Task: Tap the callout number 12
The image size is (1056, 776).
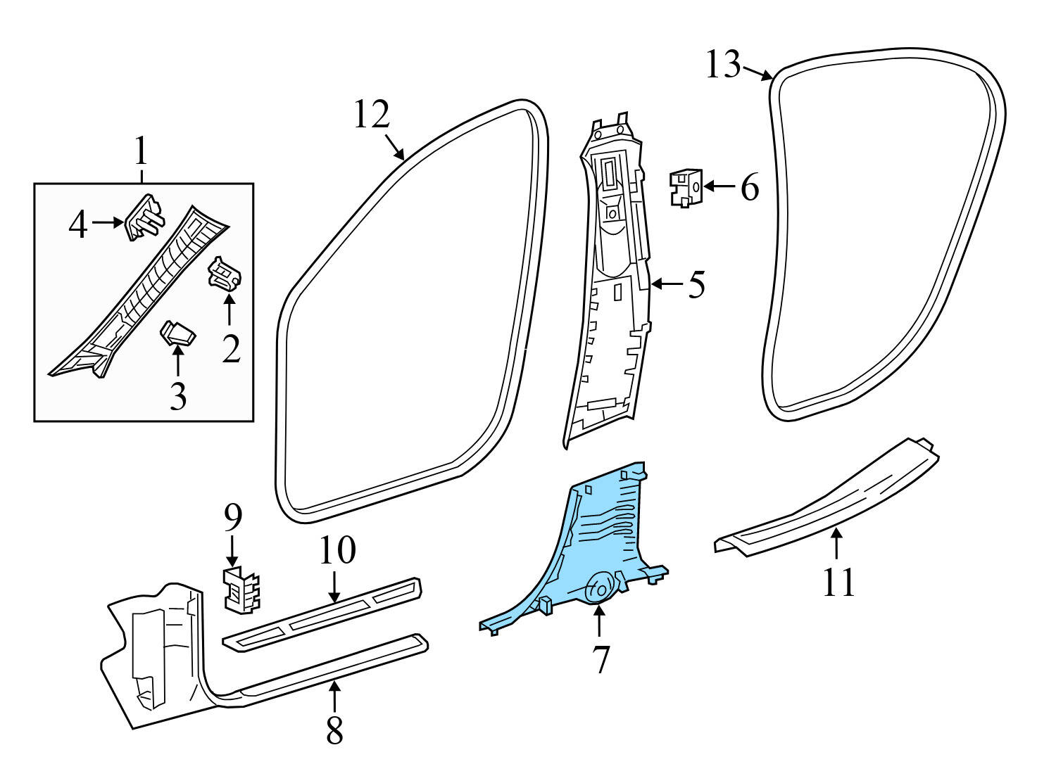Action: pyautogui.click(x=371, y=115)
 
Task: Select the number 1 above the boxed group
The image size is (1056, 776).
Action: pyautogui.click(x=142, y=151)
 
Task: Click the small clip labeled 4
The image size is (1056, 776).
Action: pyautogui.click(x=144, y=217)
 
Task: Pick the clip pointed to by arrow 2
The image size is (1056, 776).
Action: pyautogui.click(x=226, y=274)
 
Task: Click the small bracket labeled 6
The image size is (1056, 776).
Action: pyautogui.click(x=686, y=187)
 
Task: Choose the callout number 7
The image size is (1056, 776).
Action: pyautogui.click(x=600, y=659)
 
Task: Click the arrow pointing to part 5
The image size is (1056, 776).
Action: pyautogui.click(x=667, y=284)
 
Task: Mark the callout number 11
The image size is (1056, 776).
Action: pyautogui.click(x=838, y=582)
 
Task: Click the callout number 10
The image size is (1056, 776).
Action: pyautogui.click(x=337, y=551)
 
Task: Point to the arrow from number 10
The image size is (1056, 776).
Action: pyautogui.click(x=335, y=586)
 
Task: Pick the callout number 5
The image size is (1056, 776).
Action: pyautogui.click(x=696, y=285)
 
